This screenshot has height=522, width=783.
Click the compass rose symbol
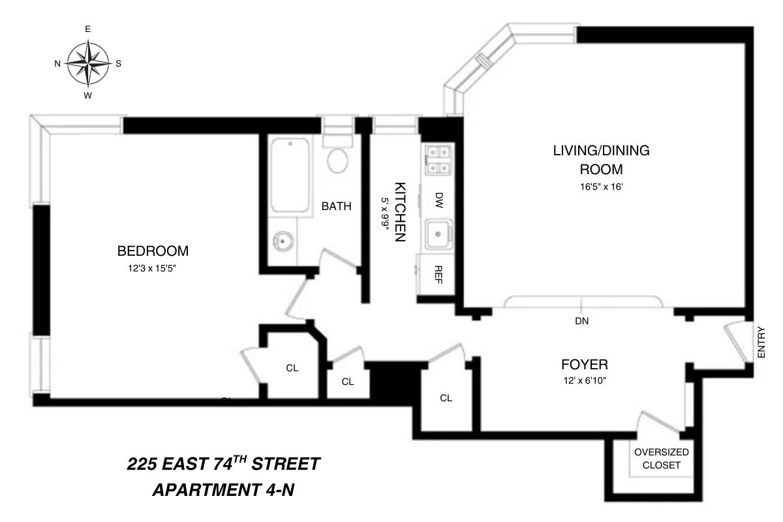pos(87,63)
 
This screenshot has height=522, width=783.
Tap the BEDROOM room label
pos(153,251)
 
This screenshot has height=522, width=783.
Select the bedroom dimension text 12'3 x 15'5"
pos(153,268)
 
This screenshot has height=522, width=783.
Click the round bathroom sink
pos(283,241)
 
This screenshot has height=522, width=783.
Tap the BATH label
pos(337,207)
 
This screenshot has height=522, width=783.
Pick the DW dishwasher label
pos(438,198)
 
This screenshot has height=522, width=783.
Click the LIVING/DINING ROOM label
pos(601,160)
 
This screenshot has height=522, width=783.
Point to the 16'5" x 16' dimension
pos(601,187)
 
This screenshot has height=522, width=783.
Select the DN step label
pos(582,321)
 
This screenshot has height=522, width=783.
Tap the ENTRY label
pos(761,342)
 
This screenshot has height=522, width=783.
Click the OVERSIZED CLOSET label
pos(661,459)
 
